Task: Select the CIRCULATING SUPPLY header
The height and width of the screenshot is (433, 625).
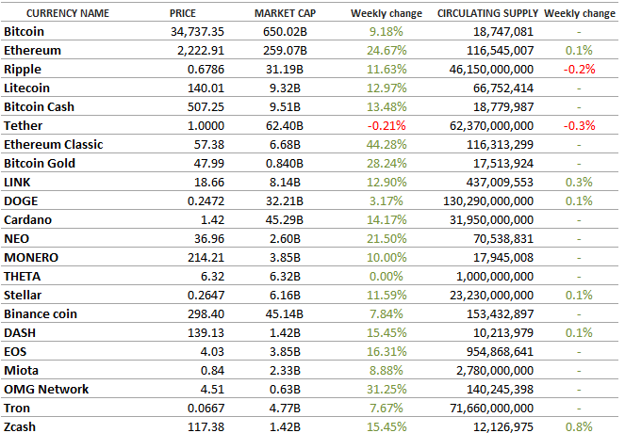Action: (487, 14)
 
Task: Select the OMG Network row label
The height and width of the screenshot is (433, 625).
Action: (46, 390)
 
